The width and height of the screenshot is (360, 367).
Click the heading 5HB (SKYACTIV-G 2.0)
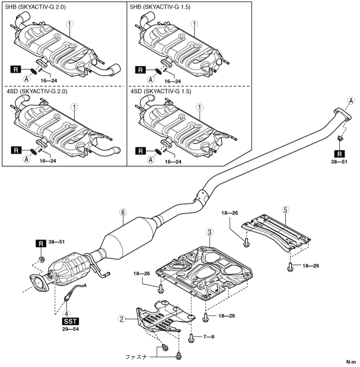pyautogui.click(x=36, y=7)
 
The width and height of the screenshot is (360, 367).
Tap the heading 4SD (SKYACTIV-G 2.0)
pyautogui.click(x=36, y=91)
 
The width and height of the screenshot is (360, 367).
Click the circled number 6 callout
pyautogui.click(x=122, y=211)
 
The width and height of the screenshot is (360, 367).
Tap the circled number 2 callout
pyautogui.click(x=121, y=317)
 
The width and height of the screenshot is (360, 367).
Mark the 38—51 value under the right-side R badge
pyautogui.click(x=340, y=163)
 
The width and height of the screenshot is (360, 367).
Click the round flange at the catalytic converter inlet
pyautogui.click(x=38, y=284)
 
